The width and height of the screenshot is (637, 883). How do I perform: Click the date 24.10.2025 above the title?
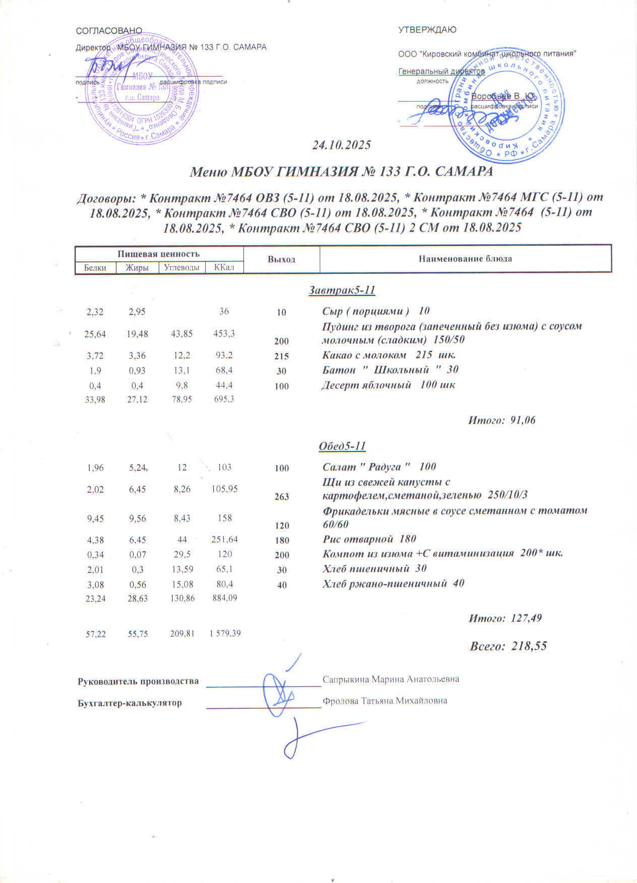341,146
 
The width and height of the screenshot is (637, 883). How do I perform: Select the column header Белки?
95,268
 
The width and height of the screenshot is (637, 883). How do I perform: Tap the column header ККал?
224,268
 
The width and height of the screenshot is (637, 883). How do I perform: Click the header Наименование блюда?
465,259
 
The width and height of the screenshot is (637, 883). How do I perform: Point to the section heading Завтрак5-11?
342,291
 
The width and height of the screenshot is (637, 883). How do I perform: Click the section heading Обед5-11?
342,447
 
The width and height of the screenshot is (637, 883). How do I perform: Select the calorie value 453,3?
224,333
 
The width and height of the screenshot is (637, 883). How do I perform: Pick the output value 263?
282,497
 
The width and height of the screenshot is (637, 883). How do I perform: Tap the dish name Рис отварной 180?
369,539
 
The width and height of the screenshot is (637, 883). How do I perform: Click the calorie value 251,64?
224,540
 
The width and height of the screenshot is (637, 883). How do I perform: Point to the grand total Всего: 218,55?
508,646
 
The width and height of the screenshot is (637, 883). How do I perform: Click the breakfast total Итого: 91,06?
502,420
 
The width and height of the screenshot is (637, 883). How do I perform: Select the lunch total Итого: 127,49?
505,618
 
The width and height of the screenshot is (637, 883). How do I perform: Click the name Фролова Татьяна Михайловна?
385,701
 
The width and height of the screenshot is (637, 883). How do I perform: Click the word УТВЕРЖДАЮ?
427,30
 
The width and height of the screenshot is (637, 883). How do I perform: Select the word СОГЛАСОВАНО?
109,31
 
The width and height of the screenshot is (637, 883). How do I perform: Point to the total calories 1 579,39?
225,634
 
